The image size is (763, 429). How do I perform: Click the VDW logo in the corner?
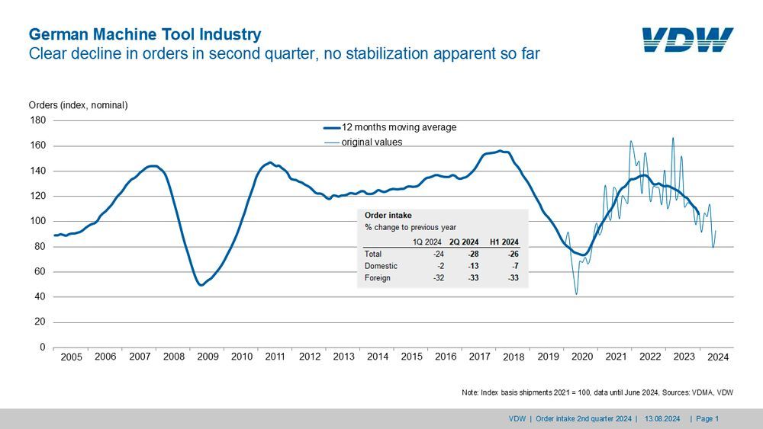pos(687,39)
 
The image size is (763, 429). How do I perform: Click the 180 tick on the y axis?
pos(38,120)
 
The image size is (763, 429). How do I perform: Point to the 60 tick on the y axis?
pos(40,271)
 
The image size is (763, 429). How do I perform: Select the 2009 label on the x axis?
pos(208,357)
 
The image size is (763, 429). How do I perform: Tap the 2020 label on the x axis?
pos(582,357)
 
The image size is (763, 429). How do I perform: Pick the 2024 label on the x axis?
pos(718,357)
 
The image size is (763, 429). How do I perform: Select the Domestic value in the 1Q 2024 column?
pos(439,266)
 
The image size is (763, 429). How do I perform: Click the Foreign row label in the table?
pos(378,278)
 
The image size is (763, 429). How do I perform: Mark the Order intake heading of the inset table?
pos(388,216)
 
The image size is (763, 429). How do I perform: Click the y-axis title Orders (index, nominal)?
pos(78,105)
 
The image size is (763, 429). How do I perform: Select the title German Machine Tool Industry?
pos(145,34)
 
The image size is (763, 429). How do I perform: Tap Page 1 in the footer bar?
pos(707,418)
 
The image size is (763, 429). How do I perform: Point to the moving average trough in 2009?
pos(201,285)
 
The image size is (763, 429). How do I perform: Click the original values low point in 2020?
pos(576,294)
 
